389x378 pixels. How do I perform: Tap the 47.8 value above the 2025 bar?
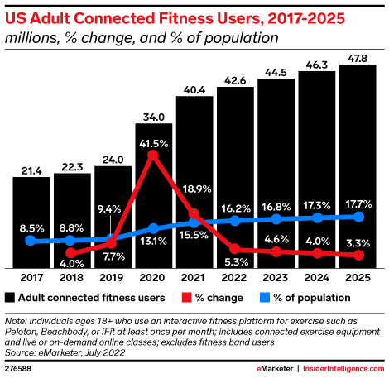coord(358,56)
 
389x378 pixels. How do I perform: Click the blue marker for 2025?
coord(358,217)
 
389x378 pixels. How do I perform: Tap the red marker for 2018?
coord(71,253)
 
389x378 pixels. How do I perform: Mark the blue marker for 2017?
coord(31,241)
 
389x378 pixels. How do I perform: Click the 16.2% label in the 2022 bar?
coord(236,208)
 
